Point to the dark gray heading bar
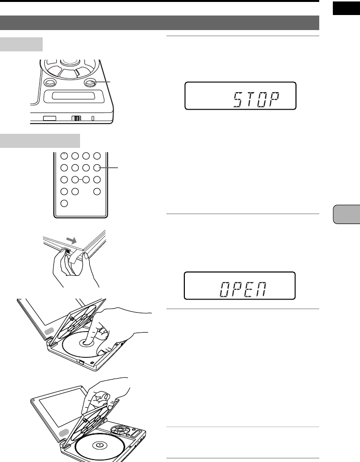160,23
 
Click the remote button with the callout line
97,168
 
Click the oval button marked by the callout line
90,83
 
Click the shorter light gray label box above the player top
21,44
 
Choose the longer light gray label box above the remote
40,141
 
